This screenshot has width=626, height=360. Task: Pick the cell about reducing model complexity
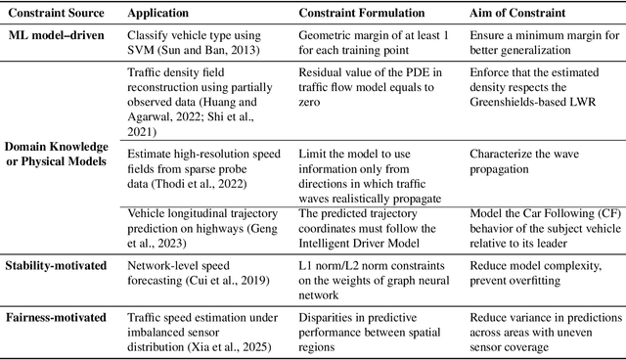[538, 272]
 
